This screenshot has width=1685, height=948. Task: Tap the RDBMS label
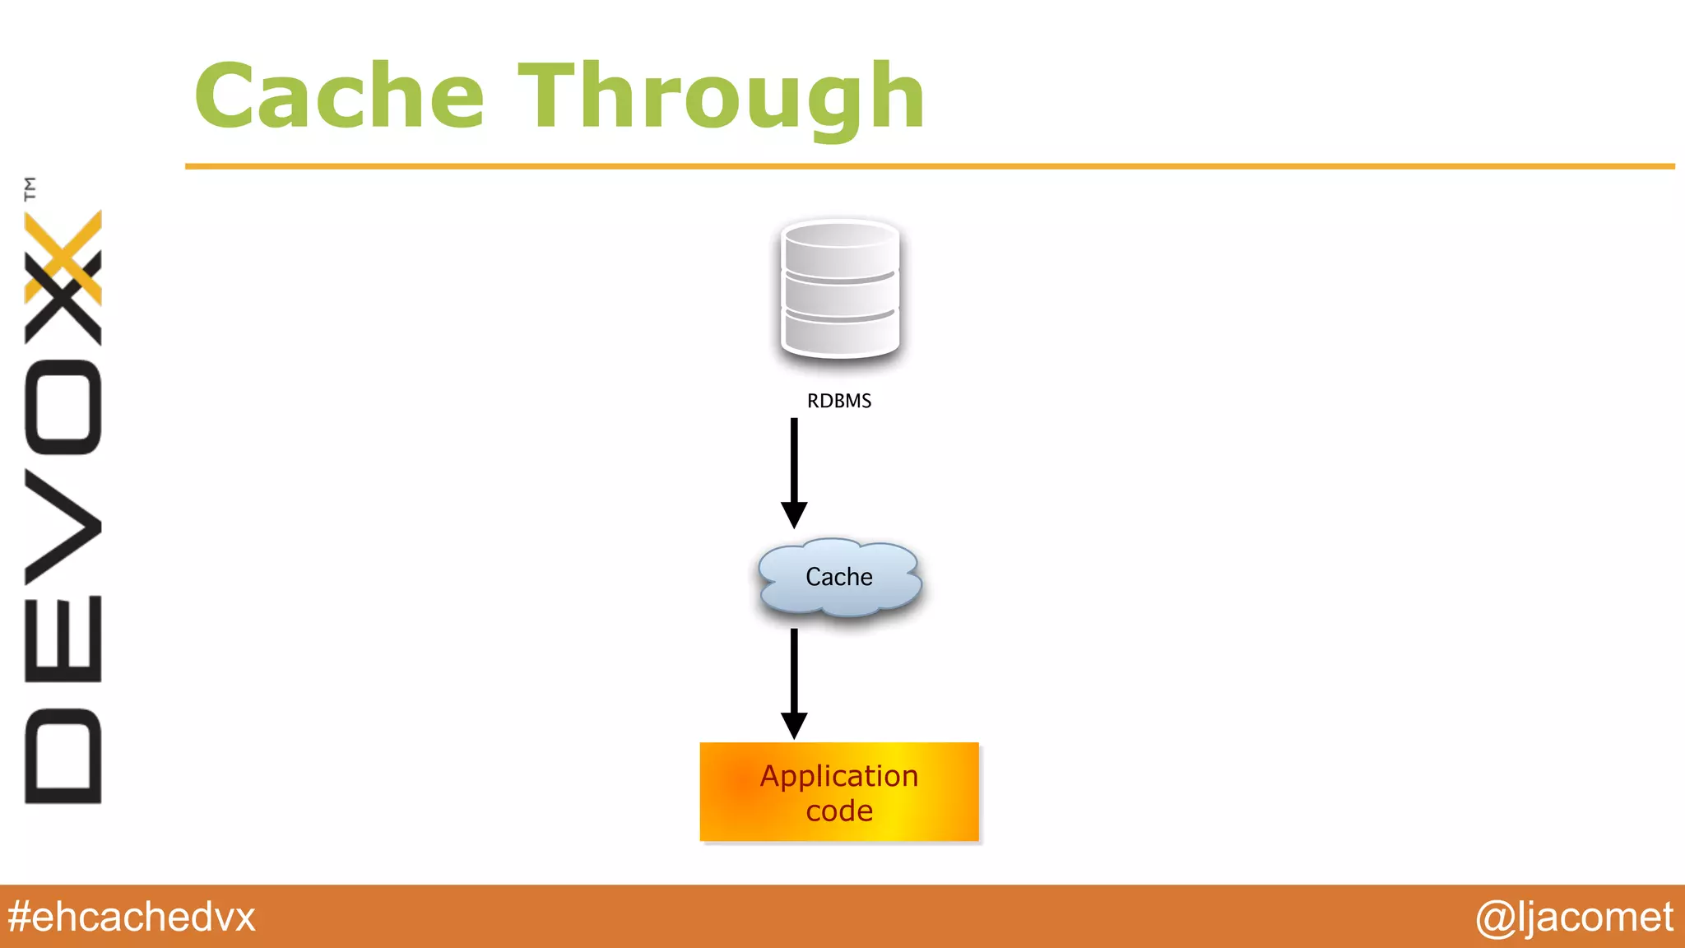click(x=838, y=401)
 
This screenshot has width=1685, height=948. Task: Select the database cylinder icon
click(x=839, y=289)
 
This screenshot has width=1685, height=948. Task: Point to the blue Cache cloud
click(x=838, y=577)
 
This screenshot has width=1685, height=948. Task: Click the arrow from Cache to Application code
click(x=794, y=675)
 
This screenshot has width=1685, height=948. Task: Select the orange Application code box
click(x=839, y=792)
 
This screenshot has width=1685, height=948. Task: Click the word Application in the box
click(x=838, y=776)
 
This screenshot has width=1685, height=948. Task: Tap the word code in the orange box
click(x=838, y=811)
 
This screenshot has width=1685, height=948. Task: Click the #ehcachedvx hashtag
click(x=132, y=917)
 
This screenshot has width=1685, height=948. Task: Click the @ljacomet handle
click(x=1573, y=917)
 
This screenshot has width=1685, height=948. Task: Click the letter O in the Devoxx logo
click(x=63, y=407)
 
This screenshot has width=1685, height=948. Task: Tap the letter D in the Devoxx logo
click(x=63, y=755)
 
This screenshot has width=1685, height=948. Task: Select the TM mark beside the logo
click(x=30, y=188)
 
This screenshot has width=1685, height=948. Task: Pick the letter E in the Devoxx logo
click(x=63, y=639)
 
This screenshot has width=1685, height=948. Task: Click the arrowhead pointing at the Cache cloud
click(x=794, y=514)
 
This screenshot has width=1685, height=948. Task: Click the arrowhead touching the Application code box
click(x=794, y=726)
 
